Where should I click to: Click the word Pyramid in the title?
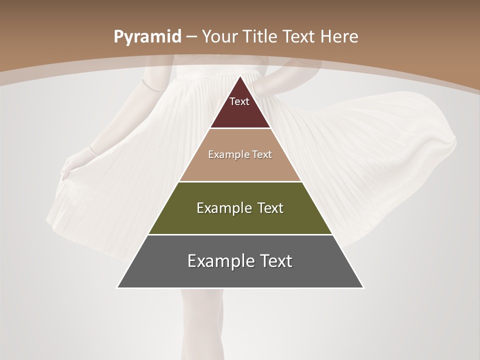[146, 37]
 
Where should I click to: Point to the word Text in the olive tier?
[270, 208]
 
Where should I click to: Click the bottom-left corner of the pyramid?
[117, 287]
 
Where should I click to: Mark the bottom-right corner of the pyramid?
[363, 287]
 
